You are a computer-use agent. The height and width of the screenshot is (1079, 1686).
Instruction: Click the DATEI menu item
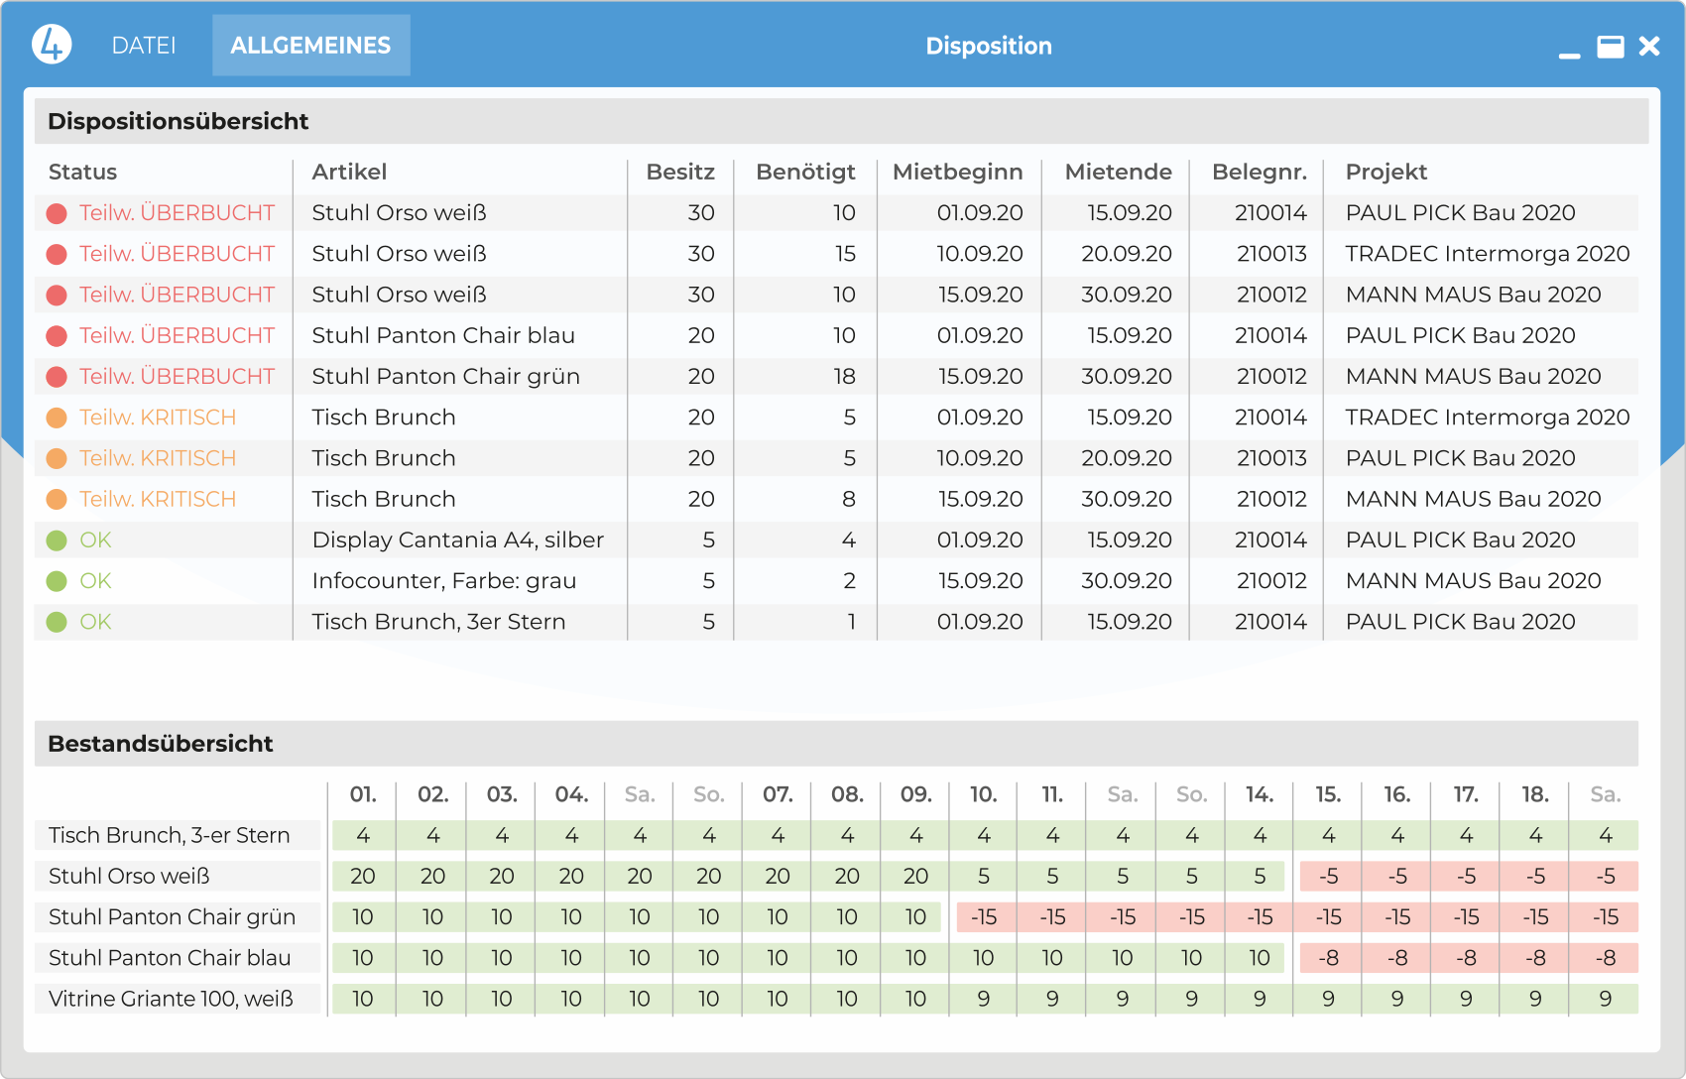[144, 46]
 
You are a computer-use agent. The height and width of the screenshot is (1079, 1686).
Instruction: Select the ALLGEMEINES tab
[310, 46]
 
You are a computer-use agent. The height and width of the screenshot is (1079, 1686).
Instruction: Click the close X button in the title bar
[1649, 47]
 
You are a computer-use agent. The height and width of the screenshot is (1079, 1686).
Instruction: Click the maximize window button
[1611, 47]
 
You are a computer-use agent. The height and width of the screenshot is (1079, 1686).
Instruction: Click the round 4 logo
[52, 45]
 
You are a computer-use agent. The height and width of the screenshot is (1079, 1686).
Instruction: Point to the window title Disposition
[989, 46]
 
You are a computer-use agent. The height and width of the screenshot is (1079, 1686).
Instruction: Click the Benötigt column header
[805, 172]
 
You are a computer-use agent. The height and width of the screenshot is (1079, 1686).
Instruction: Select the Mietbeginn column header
[957, 172]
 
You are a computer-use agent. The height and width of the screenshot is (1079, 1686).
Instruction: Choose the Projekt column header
[1385, 172]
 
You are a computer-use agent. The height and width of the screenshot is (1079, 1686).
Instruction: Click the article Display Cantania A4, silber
[457, 539]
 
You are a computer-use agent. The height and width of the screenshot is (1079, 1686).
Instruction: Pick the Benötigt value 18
[844, 376]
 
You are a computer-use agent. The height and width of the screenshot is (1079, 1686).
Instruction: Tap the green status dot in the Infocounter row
[57, 581]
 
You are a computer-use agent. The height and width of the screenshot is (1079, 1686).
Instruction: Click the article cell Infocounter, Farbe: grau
[443, 581]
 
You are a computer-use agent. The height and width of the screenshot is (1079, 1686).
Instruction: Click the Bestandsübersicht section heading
[161, 744]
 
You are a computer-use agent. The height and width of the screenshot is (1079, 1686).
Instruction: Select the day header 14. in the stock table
[1260, 794]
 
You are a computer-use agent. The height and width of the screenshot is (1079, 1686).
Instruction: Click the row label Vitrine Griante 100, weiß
[171, 999]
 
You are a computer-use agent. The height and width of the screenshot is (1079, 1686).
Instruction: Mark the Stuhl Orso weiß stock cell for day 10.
[983, 876]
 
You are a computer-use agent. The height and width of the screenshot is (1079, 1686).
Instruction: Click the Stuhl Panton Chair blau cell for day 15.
[1329, 958]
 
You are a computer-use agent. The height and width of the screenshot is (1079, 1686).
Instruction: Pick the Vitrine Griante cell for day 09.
[915, 999]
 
